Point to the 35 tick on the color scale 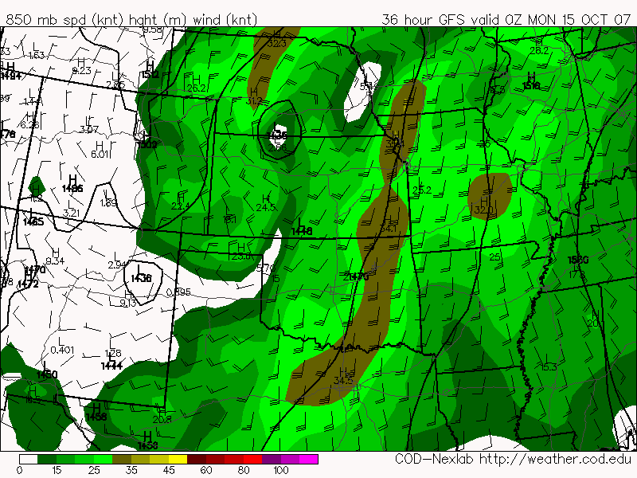pos(131,470)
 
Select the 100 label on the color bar pos(280,470)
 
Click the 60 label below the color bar pos(206,470)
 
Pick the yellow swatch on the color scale pos(178,459)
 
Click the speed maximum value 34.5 pos(343,381)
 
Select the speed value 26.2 pos(197,88)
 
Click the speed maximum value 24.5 pos(265,208)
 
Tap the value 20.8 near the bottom pos(162,420)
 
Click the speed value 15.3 pos(548,367)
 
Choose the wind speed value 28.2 pos(540,50)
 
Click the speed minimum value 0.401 pos(61,350)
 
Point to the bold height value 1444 pos(111,366)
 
